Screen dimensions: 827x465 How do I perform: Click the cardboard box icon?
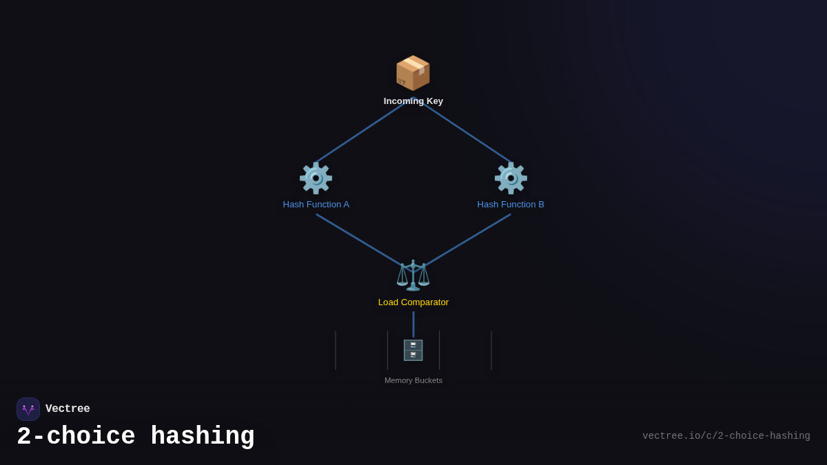(x=413, y=73)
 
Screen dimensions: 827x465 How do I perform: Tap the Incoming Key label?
(x=413, y=101)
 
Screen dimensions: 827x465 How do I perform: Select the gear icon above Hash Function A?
(x=316, y=178)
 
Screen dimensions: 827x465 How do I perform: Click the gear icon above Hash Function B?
(x=511, y=178)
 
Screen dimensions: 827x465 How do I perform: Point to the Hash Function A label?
(x=316, y=205)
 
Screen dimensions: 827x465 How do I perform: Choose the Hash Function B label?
(x=511, y=205)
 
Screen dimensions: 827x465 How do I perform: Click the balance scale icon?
(x=413, y=275)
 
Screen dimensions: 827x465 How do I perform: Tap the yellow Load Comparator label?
(x=413, y=302)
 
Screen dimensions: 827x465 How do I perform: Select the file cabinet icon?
(x=413, y=350)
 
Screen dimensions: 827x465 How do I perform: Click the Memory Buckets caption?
(x=413, y=380)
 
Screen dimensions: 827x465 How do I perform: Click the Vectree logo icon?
(x=28, y=409)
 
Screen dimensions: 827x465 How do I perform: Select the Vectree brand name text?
(x=68, y=409)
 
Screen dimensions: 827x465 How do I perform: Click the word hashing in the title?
(x=203, y=437)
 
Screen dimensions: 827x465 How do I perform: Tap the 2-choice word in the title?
(x=76, y=437)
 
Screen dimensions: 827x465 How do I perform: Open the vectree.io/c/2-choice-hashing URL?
(x=726, y=436)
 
